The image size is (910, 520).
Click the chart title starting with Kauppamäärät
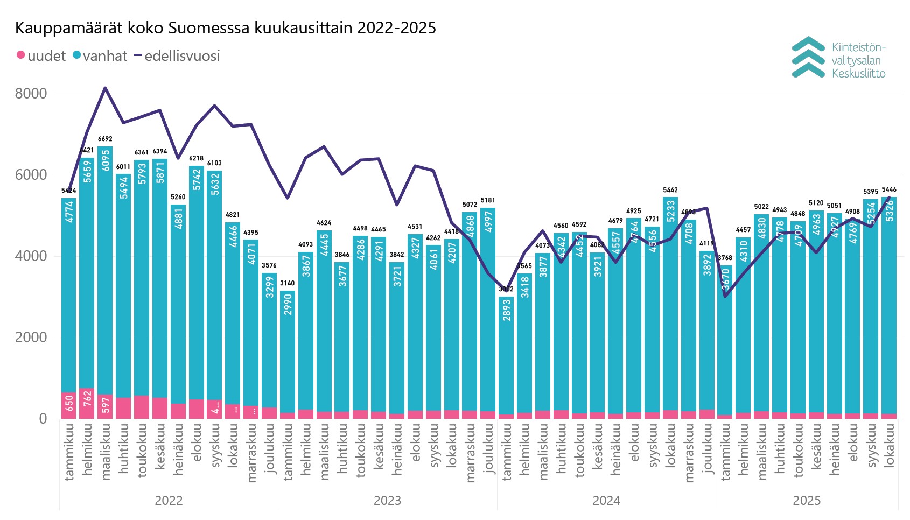(225, 27)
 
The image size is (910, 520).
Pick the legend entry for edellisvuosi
(177, 55)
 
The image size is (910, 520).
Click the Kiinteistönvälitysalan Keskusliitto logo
(838, 58)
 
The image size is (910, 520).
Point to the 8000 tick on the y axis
(31, 94)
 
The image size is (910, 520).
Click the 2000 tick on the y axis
(31, 338)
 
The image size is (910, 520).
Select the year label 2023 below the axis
(387, 501)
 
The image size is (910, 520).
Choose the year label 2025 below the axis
(807, 501)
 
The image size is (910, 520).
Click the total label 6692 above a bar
(105, 139)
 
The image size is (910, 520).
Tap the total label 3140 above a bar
(288, 283)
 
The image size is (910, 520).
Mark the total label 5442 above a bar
(670, 190)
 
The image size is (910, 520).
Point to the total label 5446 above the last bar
(889, 189)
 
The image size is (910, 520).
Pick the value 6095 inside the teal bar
(106, 160)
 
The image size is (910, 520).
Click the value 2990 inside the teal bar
(288, 304)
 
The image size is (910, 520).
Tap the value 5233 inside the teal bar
(671, 211)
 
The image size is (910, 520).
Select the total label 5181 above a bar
(488, 200)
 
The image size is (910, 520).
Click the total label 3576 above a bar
(269, 265)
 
